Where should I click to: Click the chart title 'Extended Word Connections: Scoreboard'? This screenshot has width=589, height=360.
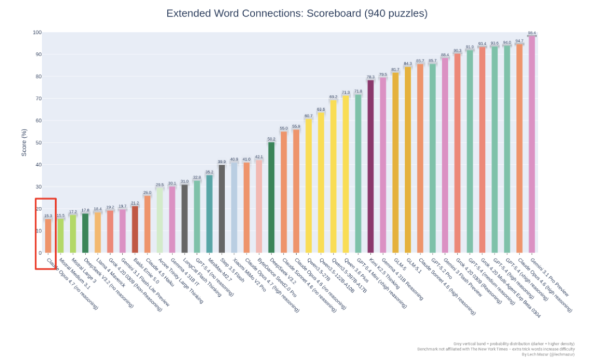(297, 13)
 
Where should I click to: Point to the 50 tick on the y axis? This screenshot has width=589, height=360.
(37, 143)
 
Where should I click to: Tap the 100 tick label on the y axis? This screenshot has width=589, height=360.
(36, 33)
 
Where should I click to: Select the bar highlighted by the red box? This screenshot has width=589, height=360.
(48, 236)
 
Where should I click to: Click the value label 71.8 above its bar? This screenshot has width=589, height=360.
(358, 91)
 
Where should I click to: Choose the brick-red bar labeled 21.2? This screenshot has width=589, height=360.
(135, 229)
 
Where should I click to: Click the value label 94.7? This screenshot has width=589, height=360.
(519, 41)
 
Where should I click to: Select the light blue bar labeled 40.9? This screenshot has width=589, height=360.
(235, 207)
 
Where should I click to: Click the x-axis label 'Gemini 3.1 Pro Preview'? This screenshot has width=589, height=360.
(551, 284)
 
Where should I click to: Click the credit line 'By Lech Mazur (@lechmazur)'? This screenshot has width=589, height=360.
(545, 354)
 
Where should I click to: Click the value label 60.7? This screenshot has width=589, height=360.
(309, 116)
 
